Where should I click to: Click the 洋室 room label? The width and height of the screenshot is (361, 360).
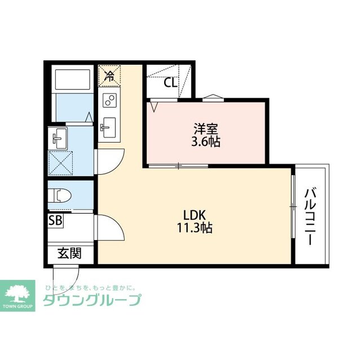point(204,128)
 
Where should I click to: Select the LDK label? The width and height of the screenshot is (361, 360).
point(196,215)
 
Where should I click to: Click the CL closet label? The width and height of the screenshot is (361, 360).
point(170,83)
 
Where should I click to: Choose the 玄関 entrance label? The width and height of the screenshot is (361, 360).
point(69,254)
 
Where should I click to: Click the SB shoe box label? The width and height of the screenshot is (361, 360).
point(55,220)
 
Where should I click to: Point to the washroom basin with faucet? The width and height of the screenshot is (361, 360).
point(58,136)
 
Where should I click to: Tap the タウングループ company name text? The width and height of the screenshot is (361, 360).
point(91,300)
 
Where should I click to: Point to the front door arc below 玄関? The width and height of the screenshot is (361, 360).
point(62,275)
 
